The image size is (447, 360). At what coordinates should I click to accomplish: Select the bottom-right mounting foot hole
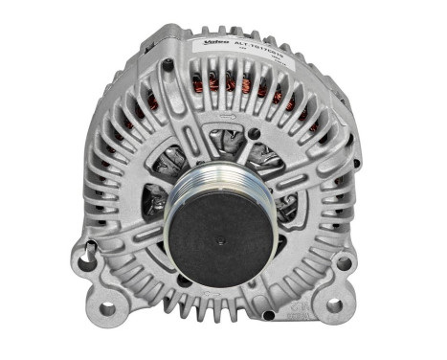(x=334, y=305)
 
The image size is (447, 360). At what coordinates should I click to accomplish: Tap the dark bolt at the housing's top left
(x=168, y=65)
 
